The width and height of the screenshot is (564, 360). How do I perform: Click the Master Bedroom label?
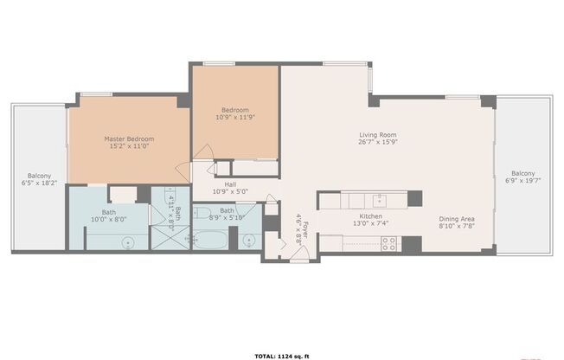click(x=129, y=138)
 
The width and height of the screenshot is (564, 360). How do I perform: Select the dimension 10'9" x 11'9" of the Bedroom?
click(x=235, y=119)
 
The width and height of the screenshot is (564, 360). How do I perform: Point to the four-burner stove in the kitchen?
click(x=388, y=243)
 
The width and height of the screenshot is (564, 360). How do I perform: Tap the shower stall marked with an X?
click(x=163, y=235)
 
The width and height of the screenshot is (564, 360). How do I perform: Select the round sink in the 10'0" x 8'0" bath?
click(x=128, y=244)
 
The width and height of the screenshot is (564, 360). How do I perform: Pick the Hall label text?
click(x=231, y=183)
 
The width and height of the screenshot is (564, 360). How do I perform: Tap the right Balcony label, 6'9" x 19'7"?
click(x=522, y=172)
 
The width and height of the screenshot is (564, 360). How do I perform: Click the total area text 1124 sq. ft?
click(x=281, y=356)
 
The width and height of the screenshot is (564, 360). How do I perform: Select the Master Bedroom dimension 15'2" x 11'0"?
click(x=129, y=146)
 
